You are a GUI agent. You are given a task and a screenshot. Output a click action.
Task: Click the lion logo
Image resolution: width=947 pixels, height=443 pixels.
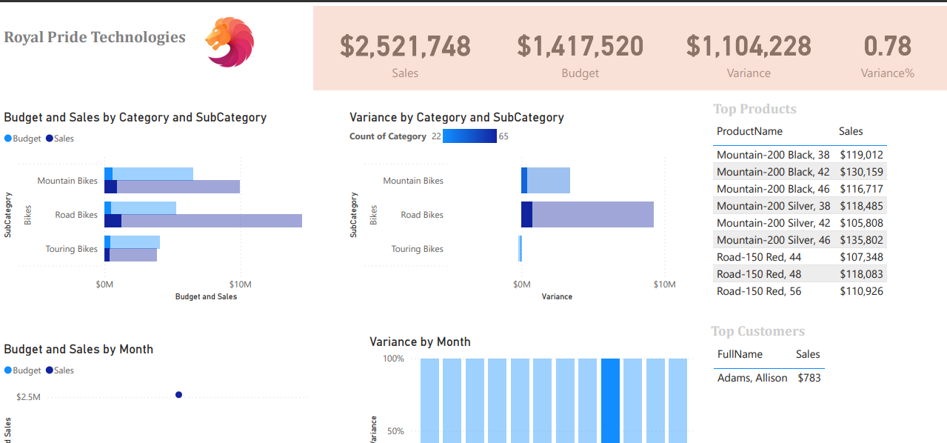point(230,42)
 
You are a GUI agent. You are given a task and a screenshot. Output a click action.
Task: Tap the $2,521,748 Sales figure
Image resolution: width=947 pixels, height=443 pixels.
point(405,46)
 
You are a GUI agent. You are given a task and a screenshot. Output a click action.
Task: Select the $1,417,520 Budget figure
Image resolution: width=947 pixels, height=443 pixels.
point(580,46)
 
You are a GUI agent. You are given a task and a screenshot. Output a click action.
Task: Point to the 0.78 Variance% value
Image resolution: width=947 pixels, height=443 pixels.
point(887,46)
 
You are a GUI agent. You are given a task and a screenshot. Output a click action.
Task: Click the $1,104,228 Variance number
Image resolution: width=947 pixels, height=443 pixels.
point(749,46)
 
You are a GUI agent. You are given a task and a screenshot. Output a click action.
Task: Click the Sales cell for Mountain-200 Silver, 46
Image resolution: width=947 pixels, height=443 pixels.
point(861,240)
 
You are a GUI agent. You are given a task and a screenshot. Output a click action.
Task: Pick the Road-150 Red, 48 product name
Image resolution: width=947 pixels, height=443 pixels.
point(759,274)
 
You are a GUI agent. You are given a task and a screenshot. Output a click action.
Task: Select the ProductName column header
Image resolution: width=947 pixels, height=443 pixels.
point(749,131)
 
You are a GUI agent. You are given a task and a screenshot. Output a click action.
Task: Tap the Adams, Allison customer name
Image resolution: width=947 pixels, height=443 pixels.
point(752,378)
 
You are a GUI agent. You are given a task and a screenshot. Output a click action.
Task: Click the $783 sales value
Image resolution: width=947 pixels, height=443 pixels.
point(809,378)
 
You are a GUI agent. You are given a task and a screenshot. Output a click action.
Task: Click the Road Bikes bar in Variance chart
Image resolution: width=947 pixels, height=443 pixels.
point(587,215)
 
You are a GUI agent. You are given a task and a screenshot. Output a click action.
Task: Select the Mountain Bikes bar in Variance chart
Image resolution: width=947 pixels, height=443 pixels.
point(546,180)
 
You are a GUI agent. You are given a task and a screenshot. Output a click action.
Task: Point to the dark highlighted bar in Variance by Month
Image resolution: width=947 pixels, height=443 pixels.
point(610,401)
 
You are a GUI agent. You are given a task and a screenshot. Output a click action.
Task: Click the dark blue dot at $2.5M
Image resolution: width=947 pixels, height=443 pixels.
point(179,395)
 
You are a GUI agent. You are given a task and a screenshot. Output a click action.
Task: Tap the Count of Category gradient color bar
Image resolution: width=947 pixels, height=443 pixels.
point(469,136)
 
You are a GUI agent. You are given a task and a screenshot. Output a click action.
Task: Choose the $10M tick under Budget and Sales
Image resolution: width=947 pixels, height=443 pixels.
point(240,284)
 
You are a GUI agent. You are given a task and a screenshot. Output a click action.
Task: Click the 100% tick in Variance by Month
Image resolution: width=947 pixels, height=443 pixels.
point(393,359)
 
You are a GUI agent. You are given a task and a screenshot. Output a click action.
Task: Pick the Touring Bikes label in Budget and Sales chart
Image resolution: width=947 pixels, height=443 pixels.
point(71,249)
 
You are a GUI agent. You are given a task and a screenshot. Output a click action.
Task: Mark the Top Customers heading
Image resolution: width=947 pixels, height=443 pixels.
point(757,331)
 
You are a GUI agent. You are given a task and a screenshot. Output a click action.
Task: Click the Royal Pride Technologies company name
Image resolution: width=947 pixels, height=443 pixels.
point(95,37)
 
